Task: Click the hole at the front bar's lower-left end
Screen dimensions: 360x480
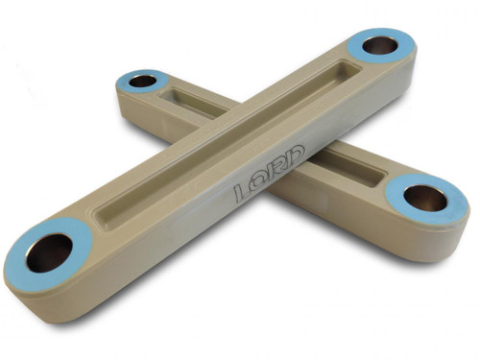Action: click(48, 252)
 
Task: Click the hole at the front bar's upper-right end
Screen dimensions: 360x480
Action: click(379, 45)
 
